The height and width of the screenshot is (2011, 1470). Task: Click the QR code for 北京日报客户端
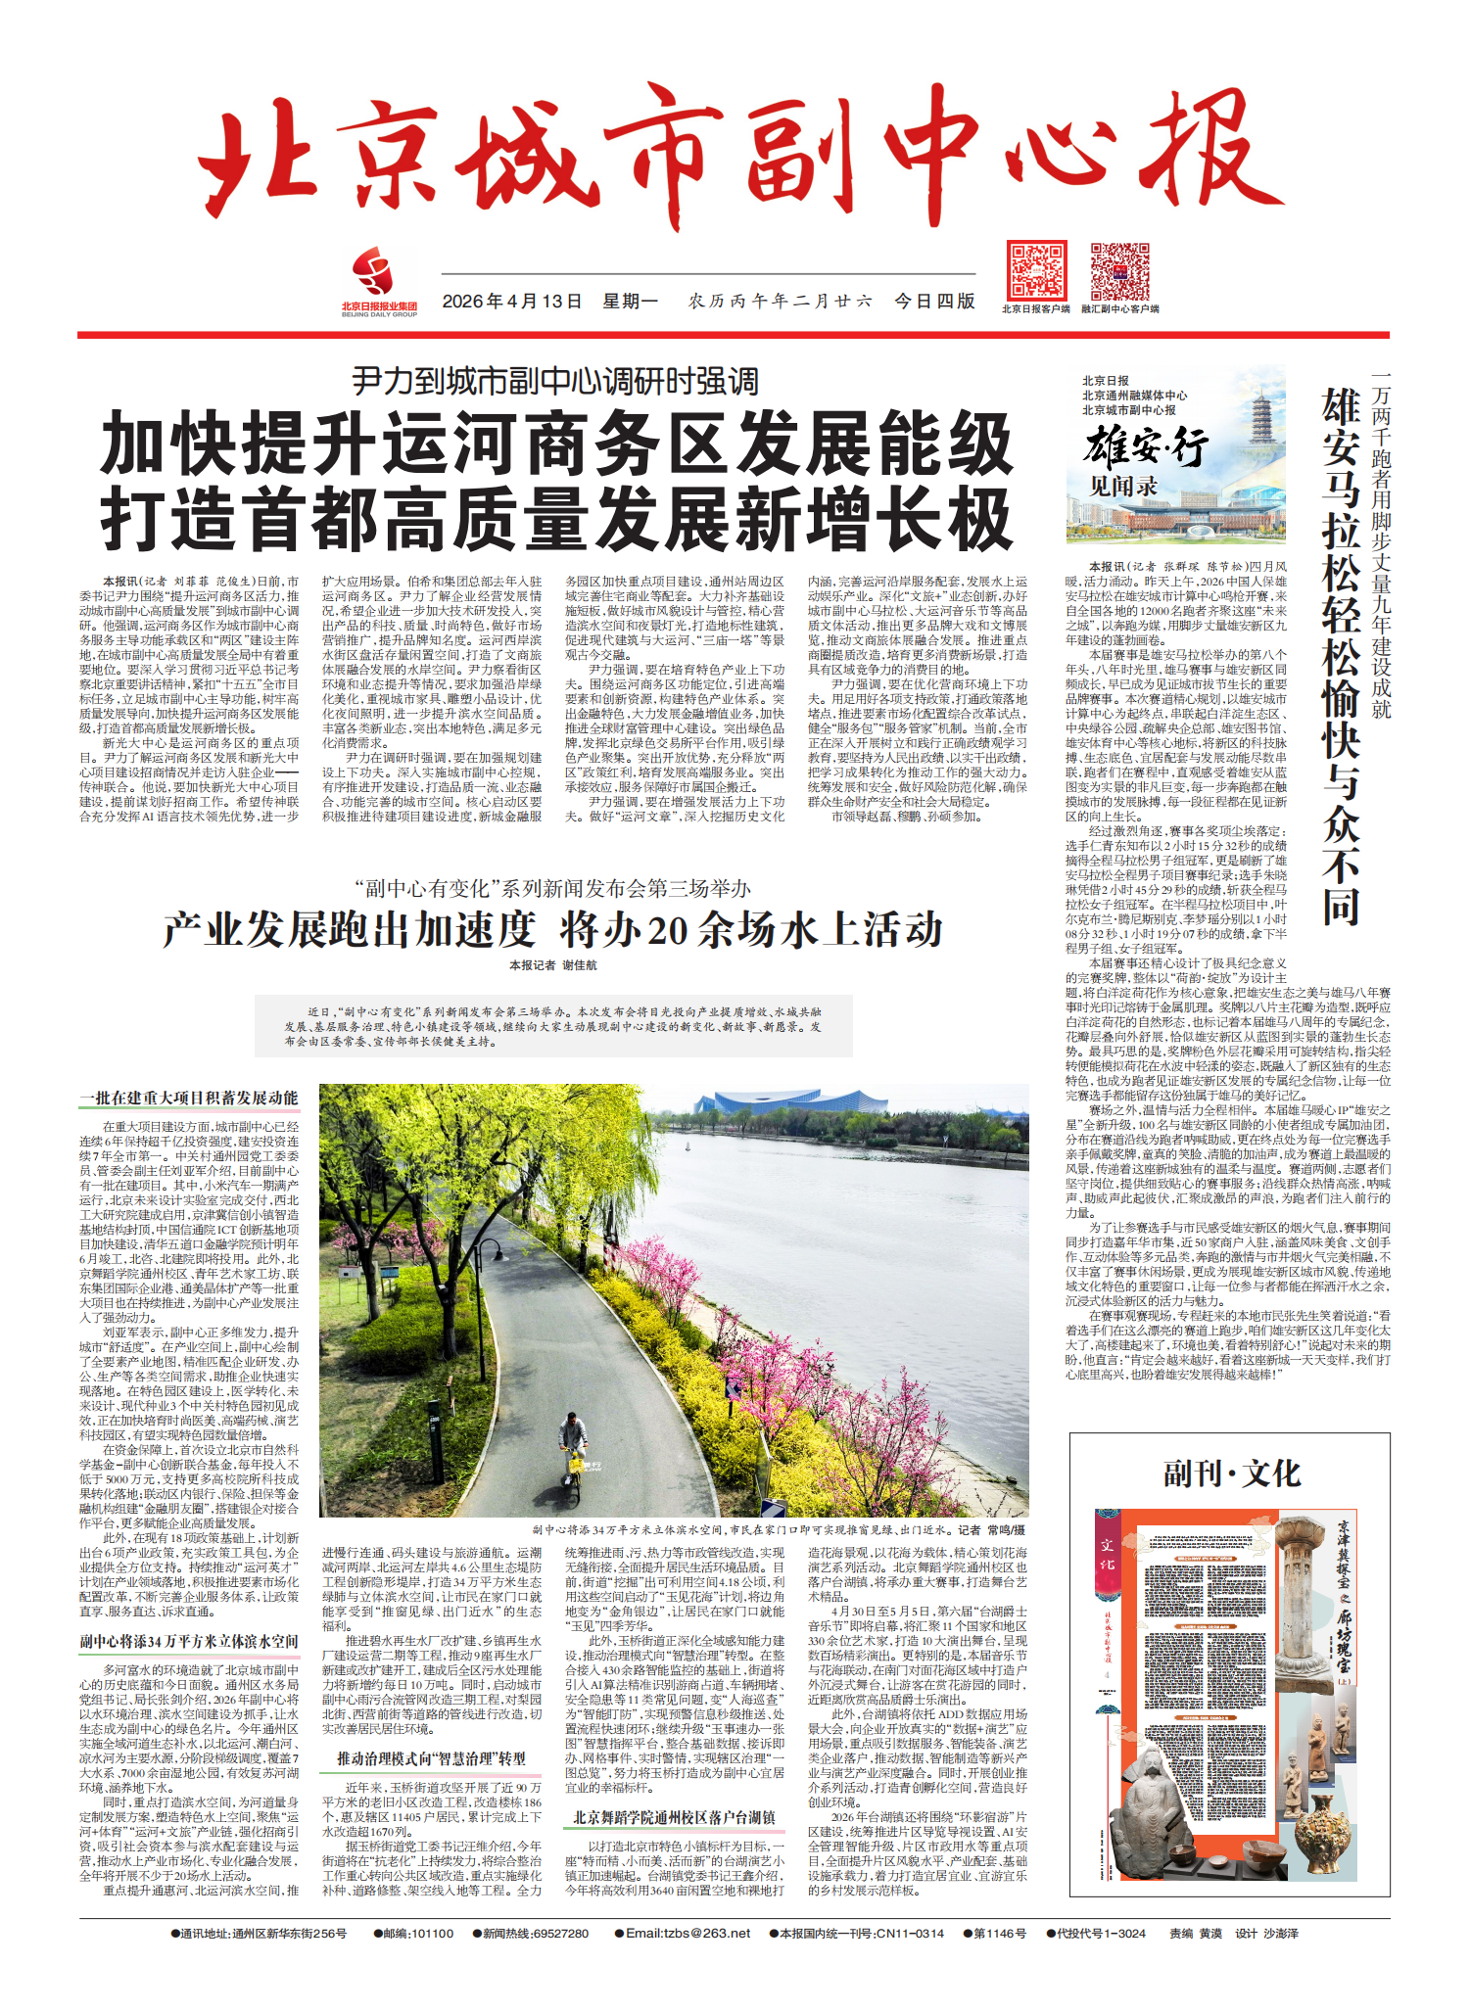click(1036, 272)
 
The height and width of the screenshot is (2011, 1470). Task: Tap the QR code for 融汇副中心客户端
click(1120, 272)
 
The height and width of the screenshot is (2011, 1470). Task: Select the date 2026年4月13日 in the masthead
click(511, 302)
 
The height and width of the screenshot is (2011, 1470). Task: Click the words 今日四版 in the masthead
click(934, 302)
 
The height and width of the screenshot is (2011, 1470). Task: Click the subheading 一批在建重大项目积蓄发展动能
click(189, 1099)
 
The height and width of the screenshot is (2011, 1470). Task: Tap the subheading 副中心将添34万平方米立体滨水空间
click(189, 1641)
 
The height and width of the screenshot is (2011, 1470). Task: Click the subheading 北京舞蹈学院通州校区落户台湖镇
click(674, 1817)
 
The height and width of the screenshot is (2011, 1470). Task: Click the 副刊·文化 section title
click(1231, 1473)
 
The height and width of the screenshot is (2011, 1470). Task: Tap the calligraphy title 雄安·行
click(1146, 448)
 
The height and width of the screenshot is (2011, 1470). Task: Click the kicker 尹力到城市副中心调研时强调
click(555, 381)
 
